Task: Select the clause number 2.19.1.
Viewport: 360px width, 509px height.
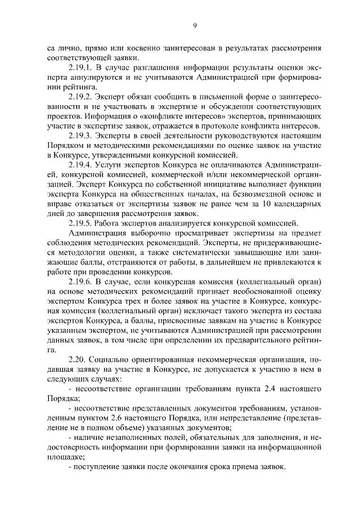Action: [81, 67]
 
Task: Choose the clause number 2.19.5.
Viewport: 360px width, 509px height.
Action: [81, 222]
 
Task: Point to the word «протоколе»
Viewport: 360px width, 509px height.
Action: [227, 125]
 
